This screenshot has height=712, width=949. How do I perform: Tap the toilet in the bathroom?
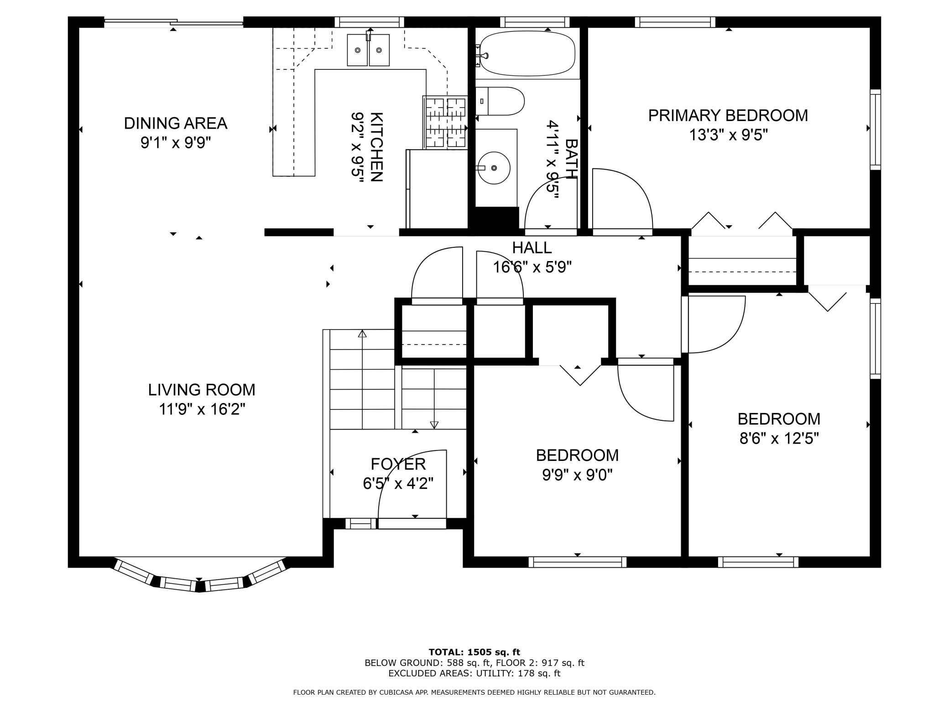coord(500,101)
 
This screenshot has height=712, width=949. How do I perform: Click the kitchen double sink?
coord(368,50)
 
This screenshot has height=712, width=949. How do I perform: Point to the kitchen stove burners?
coord(445,122)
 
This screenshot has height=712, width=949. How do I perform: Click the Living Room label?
coord(202,390)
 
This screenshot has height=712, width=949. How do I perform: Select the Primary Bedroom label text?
coord(728,115)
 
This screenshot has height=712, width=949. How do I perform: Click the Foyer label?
coord(398,464)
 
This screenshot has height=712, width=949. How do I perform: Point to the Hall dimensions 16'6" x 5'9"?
coord(532,267)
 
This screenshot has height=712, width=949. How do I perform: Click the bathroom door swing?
coord(551,205)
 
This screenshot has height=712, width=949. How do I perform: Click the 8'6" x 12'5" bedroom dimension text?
coord(779,439)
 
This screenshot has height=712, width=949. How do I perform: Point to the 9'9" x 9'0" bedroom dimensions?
coord(577,475)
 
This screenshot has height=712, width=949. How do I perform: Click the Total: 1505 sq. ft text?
coord(474,652)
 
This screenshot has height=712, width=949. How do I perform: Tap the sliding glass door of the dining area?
coord(173,22)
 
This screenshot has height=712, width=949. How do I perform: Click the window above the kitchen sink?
coord(370,22)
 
